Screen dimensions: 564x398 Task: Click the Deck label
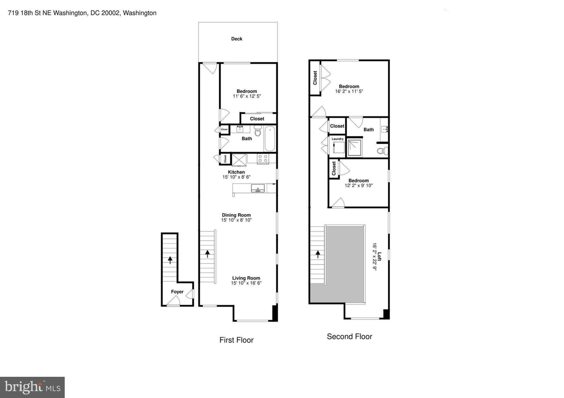pyautogui.click(x=237, y=39)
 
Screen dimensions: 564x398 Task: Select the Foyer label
pyautogui.click(x=177, y=292)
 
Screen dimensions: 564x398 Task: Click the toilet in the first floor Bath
pyautogui.click(x=258, y=131)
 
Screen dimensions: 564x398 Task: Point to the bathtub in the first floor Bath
pyautogui.click(x=270, y=138)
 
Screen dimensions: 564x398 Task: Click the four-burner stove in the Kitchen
pyautogui.click(x=262, y=159)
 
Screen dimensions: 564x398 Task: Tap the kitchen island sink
pyautogui.click(x=258, y=189)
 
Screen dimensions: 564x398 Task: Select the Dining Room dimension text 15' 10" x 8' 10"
pyautogui.click(x=236, y=220)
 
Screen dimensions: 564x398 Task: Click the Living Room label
pyautogui.click(x=246, y=278)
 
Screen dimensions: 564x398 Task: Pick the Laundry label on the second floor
pyautogui.click(x=337, y=139)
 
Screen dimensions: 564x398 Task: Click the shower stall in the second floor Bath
pyautogui.click(x=354, y=148)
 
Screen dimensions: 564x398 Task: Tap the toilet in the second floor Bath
pyautogui.click(x=382, y=151)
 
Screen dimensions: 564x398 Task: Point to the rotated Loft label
pyautogui.click(x=379, y=257)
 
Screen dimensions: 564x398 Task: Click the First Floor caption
pyautogui.click(x=236, y=340)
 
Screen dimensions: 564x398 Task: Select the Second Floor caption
pyautogui.click(x=349, y=336)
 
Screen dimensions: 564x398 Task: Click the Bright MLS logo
pyautogui.click(x=32, y=387)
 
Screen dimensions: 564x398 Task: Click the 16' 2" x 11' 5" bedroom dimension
pyautogui.click(x=349, y=91)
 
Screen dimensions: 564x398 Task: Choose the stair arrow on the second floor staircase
pyautogui.click(x=318, y=254)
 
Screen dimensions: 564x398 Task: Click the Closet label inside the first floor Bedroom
pyautogui.click(x=257, y=119)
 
